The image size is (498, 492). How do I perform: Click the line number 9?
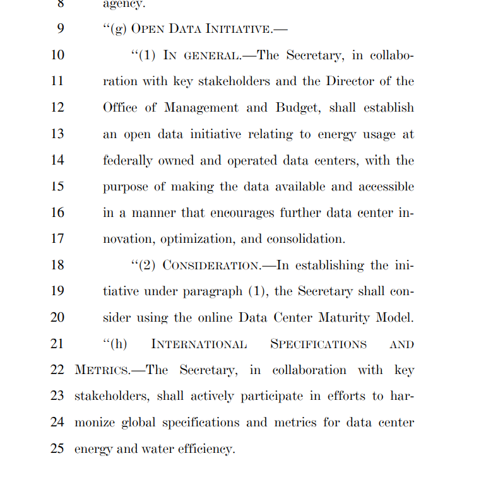click(x=60, y=29)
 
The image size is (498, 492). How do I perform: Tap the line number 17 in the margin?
click(x=57, y=239)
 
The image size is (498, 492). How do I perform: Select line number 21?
click(x=57, y=344)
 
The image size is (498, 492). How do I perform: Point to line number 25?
click(x=57, y=449)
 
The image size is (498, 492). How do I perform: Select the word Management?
click(x=201, y=108)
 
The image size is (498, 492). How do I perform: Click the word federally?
click(x=128, y=161)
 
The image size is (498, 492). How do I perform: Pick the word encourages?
click(x=240, y=213)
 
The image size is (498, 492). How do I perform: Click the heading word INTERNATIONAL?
click(x=199, y=344)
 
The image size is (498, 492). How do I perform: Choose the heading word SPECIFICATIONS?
click(x=318, y=344)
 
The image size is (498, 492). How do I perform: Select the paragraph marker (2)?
click(x=146, y=266)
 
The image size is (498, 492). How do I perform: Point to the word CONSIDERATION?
click(x=211, y=266)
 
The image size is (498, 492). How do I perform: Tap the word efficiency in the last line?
click(x=200, y=449)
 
